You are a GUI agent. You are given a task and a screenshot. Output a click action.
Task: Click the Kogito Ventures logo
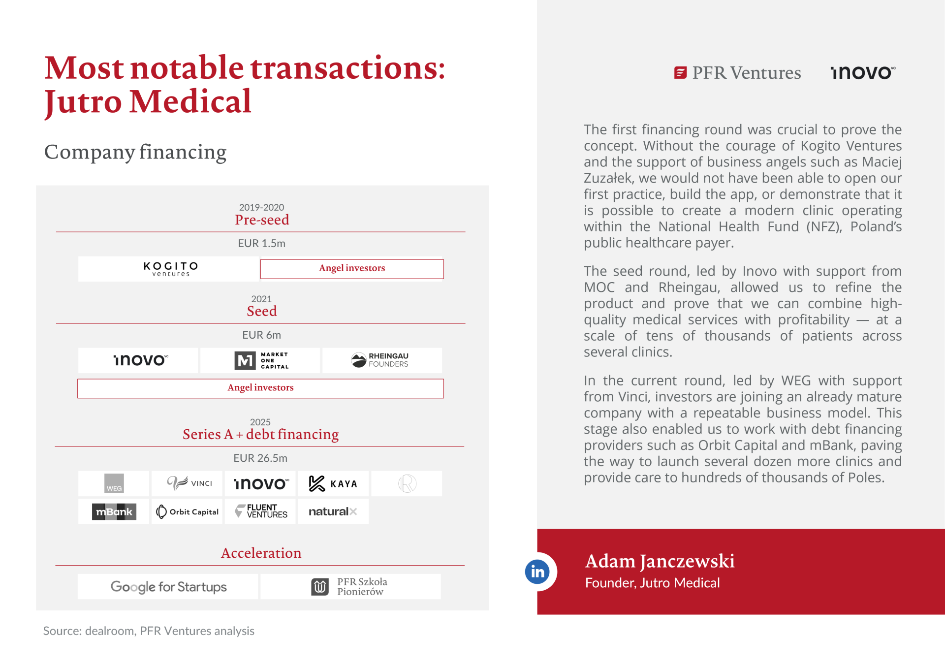click(170, 269)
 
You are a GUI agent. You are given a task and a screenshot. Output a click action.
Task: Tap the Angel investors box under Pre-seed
click(352, 269)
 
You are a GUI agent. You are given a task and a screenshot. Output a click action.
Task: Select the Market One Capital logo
click(261, 360)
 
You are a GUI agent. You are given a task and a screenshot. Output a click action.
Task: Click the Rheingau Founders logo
click(380, 360)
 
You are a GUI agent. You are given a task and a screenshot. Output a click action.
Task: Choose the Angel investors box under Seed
click(260, 388)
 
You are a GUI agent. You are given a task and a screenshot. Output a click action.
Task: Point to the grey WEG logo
click(114, 483)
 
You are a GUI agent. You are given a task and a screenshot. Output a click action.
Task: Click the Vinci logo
click(189, 483)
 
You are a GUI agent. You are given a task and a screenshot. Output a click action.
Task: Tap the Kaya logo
click(333, 483)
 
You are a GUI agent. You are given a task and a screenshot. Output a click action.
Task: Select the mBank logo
click(114, 511)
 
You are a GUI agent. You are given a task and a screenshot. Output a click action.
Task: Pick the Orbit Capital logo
click(188, 511)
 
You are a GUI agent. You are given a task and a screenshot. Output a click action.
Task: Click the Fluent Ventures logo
click(261, 511)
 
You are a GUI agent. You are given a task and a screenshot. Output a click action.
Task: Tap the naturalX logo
click(333, 511)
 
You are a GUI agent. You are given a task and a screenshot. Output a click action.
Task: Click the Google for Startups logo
click(168, 587)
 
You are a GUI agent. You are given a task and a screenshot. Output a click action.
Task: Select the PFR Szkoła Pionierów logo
click(349, 587)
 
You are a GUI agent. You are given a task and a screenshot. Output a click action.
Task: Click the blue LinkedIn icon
click(537, 572)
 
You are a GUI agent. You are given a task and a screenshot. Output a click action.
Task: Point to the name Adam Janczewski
click(660, 561)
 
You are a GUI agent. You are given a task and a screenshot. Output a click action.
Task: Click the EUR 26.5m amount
click(260, 458)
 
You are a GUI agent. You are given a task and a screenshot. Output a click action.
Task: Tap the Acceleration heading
click(261, 553)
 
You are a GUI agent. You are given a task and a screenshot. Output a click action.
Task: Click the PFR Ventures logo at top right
click(737, 73)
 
